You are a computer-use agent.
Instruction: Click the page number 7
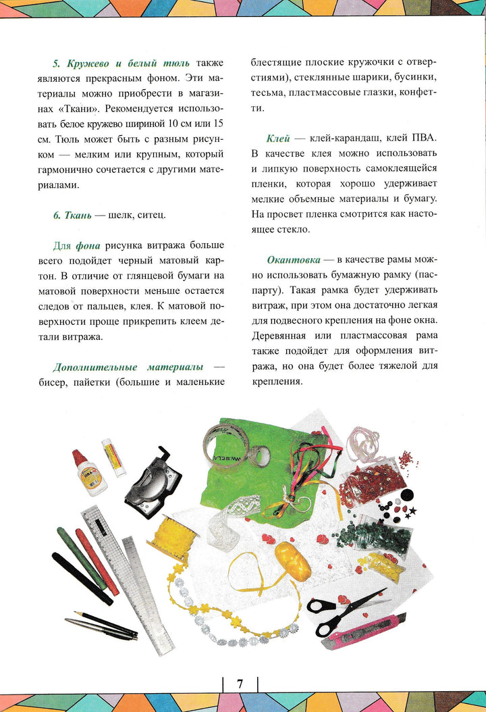point(240,683)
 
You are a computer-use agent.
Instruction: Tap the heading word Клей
point(278,138)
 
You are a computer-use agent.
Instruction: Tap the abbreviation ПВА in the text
point(425,138)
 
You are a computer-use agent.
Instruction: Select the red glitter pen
point(97,561)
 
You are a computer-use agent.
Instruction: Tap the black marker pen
point(82,578)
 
